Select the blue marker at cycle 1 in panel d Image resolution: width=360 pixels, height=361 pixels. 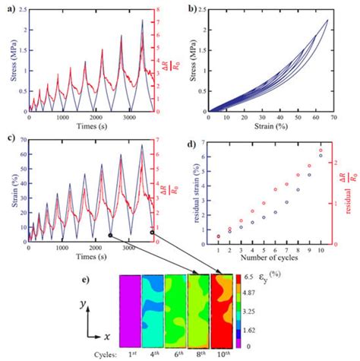(217, 236)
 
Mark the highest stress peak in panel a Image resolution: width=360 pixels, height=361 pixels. (141, 21)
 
